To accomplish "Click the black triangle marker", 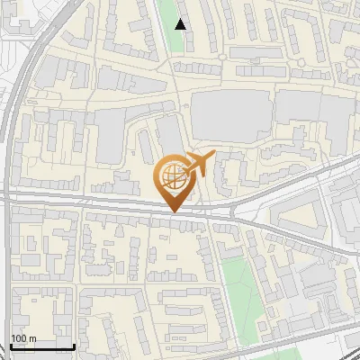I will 181,24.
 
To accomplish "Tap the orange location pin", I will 173,180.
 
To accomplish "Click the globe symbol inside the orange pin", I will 171,175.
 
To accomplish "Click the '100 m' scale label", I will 23,338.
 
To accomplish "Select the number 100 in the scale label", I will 19,338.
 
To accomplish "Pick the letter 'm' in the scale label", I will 32,338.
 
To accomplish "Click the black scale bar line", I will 41,347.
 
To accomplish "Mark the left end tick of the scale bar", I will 10,346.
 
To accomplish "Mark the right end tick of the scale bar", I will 74,346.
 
